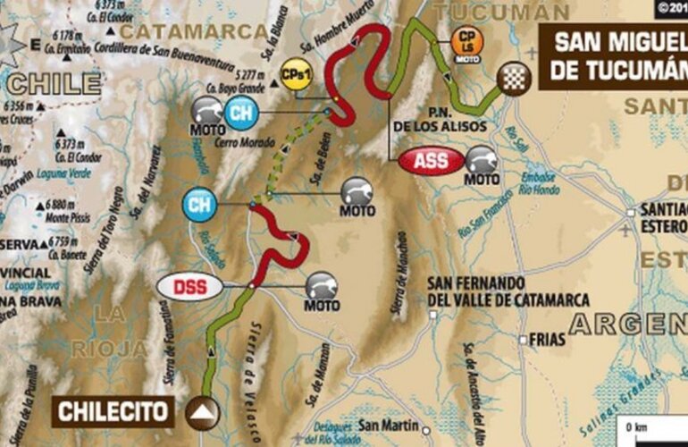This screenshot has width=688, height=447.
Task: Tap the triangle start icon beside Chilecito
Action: pos(205,411)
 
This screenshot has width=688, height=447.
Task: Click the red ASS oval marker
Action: pos(432,161)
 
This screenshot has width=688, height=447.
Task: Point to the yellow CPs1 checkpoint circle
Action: pos(295,72)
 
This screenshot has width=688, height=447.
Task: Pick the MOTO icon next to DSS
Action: pos(323,288)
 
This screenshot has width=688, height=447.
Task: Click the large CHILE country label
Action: pos(55,84)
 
